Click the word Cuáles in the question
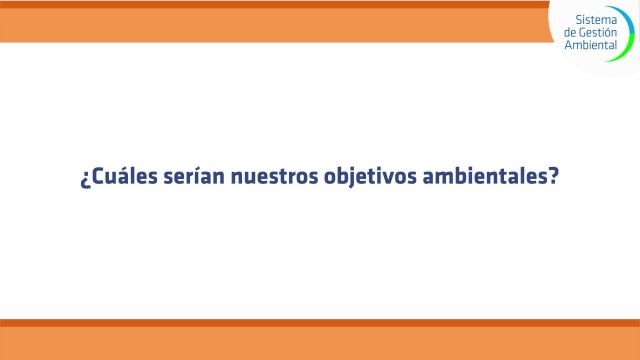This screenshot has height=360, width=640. [117, 180]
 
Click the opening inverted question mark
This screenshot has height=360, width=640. [84, 182]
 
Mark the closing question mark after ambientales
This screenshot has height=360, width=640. [552, 180]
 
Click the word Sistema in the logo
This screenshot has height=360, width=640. [596, 20]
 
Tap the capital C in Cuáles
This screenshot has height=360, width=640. [96, 180]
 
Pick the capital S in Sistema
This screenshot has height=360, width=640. [580, 20]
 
